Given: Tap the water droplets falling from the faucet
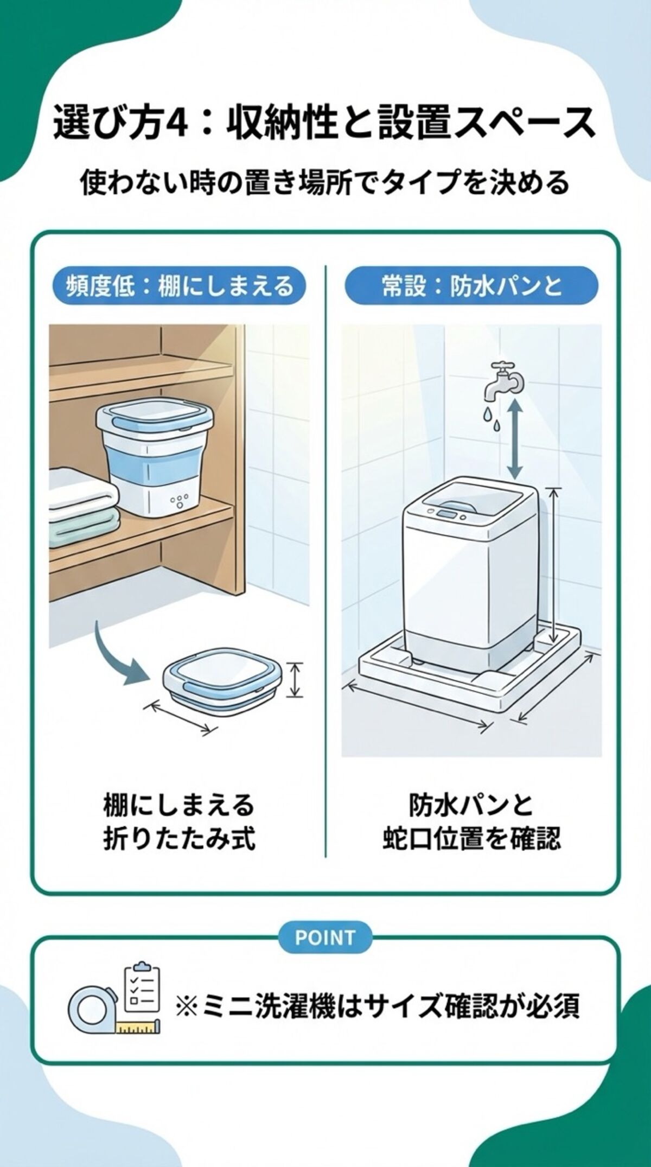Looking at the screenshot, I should pos(491,418).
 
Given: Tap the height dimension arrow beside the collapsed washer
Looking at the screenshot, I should pos(295,680).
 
